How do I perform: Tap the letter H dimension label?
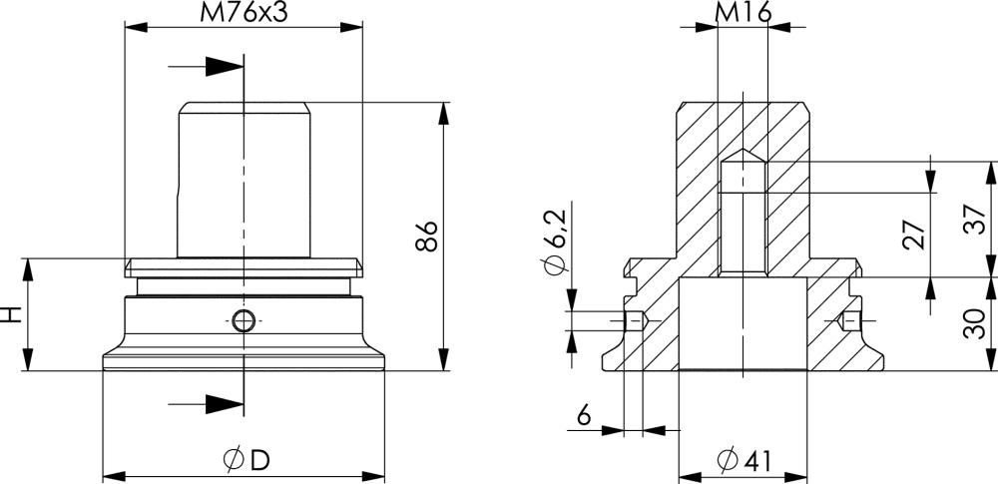pos(11,314)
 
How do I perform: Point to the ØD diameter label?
pos(247,460)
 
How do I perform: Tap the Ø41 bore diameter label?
pos(744,460)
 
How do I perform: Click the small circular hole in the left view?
pos(243,320)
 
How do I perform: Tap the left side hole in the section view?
pos(635,320)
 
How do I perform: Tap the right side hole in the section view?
pos(849,320)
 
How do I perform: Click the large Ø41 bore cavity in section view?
pos(743,324)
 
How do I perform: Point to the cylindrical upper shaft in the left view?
pos(244,180)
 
